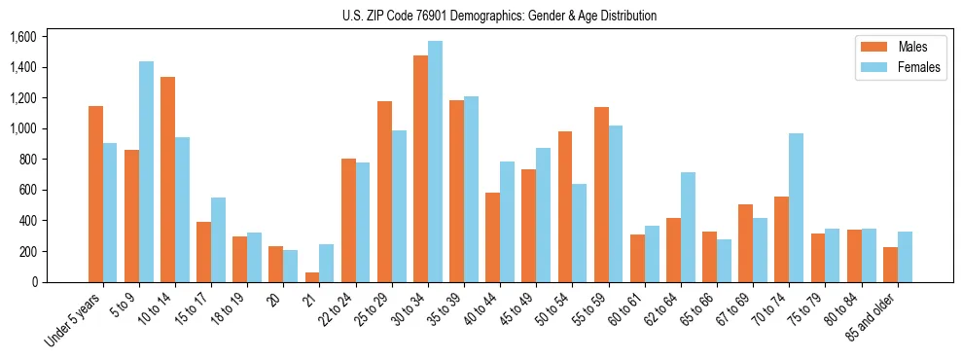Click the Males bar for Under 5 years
point(95,195)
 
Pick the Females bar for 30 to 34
point(435,162)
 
